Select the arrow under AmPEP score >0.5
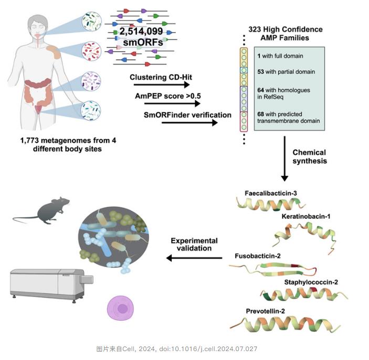pyautogui.click(x=168, y=103)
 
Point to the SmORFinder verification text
pyautogui.click(x=187, y=114)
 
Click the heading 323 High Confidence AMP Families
pyautogui.click(x=284, y=34)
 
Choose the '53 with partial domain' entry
pyautogui.click(x=287, y=72)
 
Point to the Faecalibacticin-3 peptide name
pyautogui.click(x=271, y=194)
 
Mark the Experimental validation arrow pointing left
pyautogui.click(x=194, y=258)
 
